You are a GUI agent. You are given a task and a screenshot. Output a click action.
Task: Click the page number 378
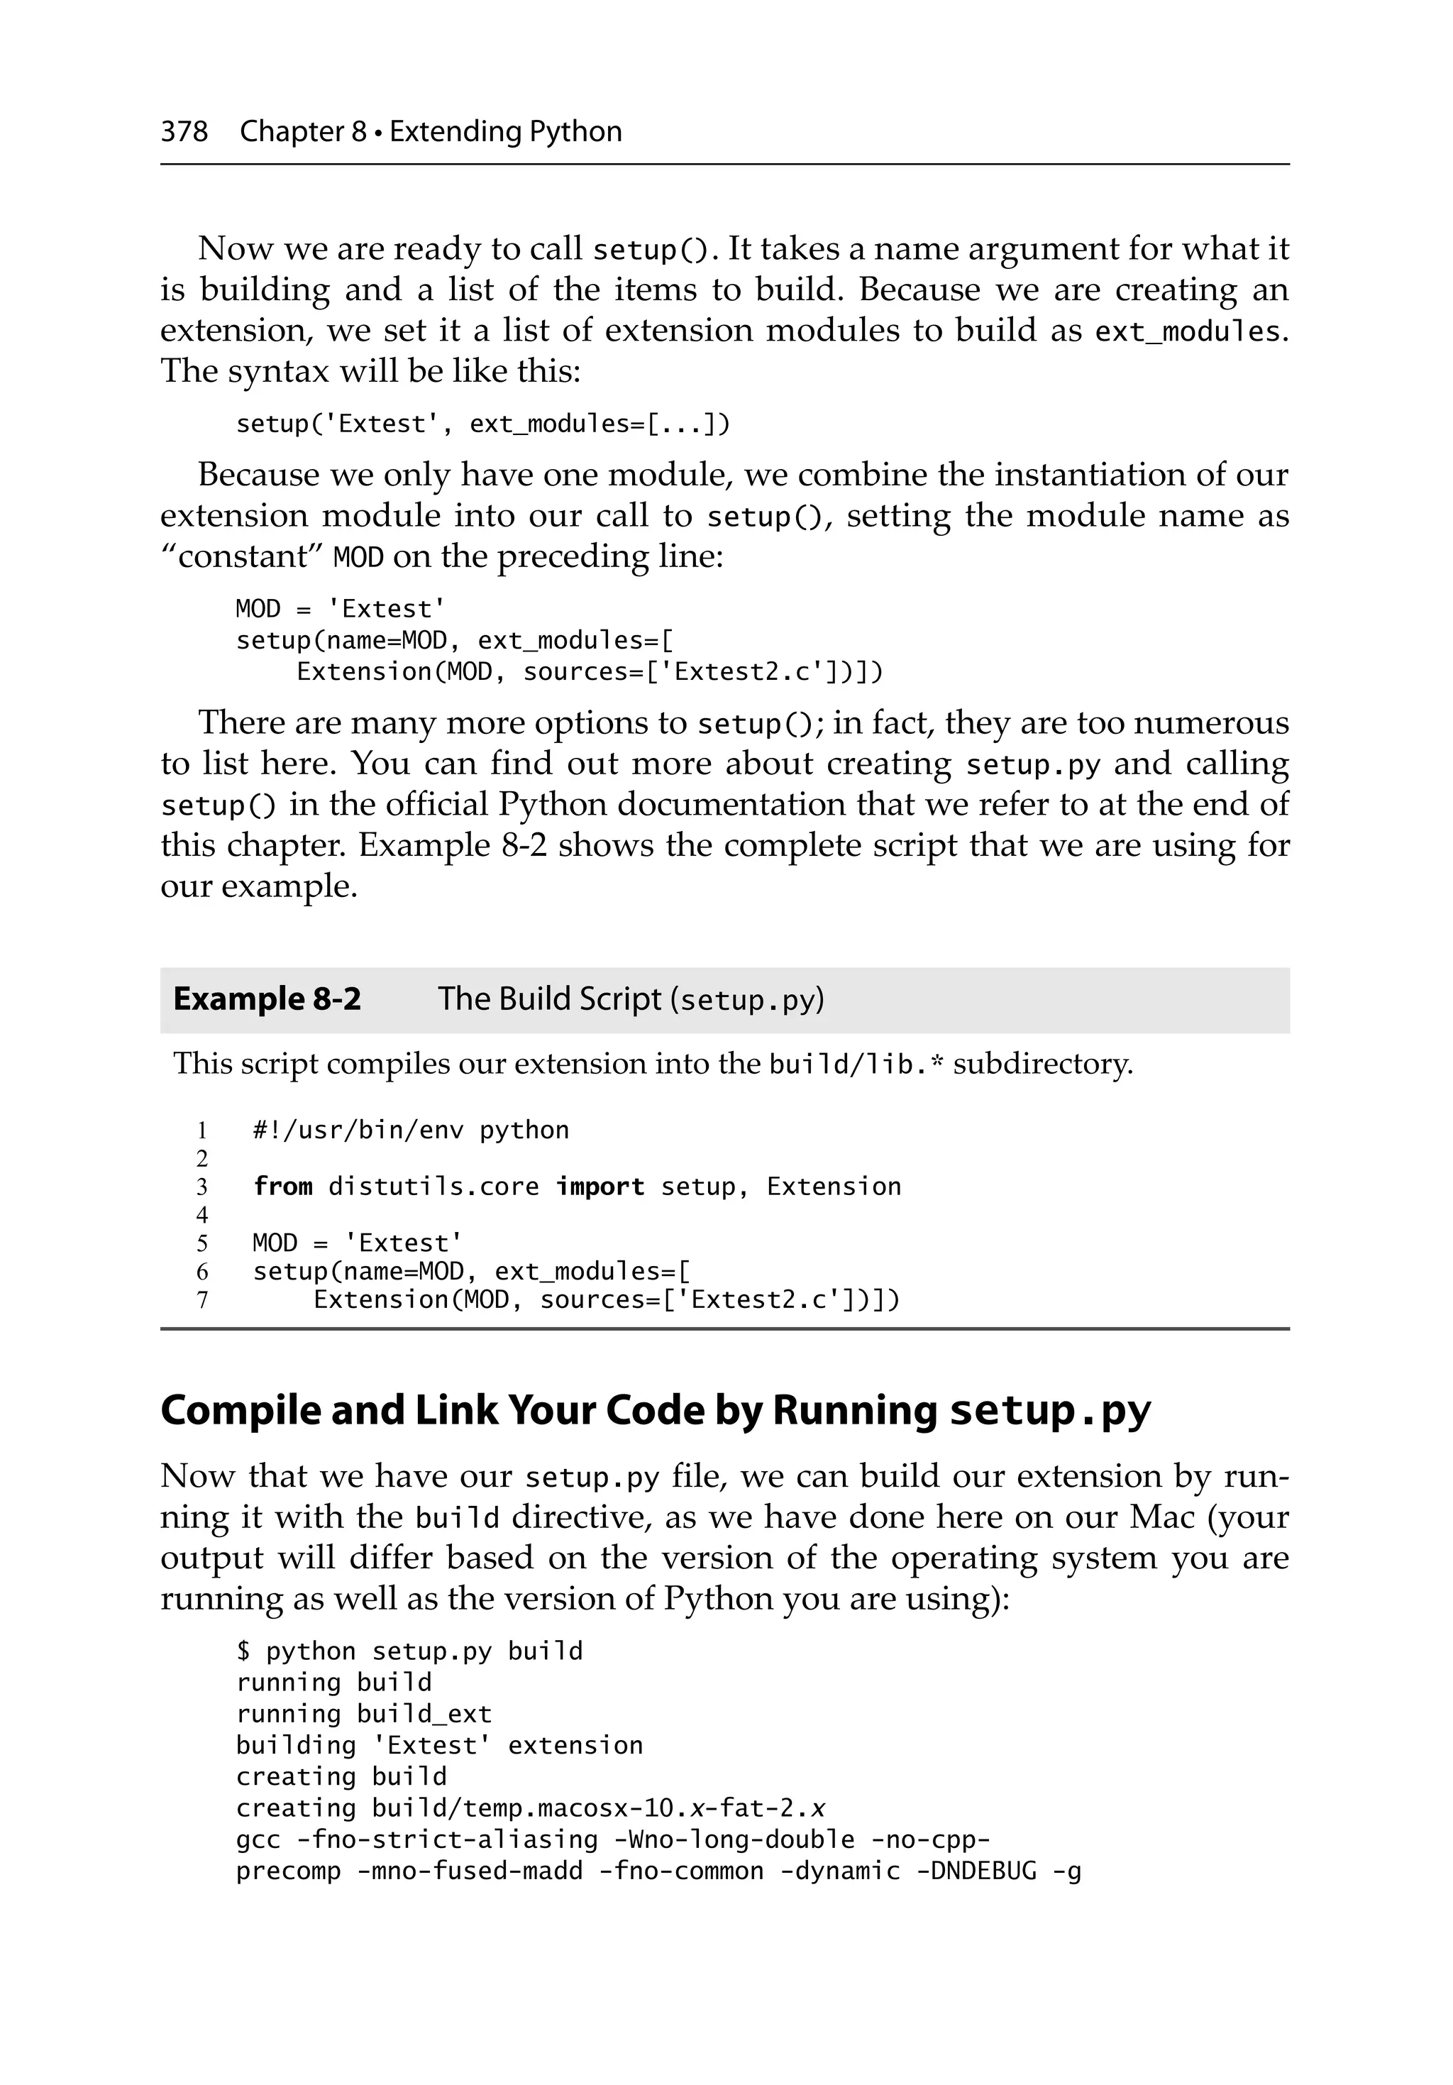click(184, 132)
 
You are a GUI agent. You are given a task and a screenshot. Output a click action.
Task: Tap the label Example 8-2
click(267, 999)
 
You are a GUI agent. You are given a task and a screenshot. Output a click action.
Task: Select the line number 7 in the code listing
click(202, 1299)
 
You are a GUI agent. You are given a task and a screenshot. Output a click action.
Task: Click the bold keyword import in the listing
click(600, 1186)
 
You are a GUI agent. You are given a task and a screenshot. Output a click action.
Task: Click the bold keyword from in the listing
click(282, 1186)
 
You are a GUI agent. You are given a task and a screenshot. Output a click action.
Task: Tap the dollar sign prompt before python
click(243, 1651)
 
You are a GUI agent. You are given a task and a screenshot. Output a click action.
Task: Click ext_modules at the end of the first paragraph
click(1187, 331)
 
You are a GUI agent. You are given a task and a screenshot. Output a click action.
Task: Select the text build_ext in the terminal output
click(424, 1714)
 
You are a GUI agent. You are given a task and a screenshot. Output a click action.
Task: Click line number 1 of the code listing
click(202, 1130)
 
